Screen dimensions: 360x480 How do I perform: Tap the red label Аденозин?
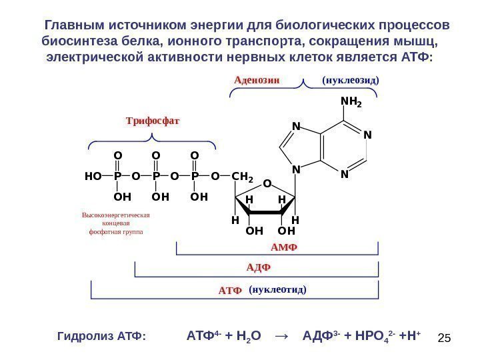tap(257, 81)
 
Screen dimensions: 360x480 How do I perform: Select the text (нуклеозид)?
tap(351, 81)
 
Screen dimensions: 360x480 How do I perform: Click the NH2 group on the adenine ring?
tap(350, 102)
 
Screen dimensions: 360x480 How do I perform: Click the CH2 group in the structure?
tap(243, 177)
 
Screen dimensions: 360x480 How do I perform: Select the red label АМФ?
tap(283, 247)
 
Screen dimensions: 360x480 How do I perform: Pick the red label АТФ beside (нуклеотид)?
tap(229, 291)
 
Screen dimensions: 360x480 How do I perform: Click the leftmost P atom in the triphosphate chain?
tap(117, 177)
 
